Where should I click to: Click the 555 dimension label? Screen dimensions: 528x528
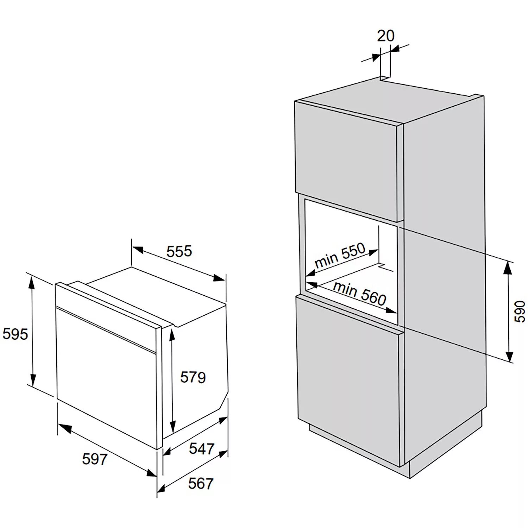coord(179,251)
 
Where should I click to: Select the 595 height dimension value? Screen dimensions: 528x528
coord(15,334)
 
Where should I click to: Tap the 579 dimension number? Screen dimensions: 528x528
coord(193,377)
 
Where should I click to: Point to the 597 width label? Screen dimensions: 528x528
coord(94,459)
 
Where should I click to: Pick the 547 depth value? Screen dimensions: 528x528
coord(201,448)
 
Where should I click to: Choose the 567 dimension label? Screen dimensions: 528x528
coord(201,483)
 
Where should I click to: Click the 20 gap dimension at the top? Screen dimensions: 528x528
coord(386,36)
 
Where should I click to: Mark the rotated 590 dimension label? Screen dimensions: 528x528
coord(520,311)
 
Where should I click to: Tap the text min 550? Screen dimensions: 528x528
coord(340,256)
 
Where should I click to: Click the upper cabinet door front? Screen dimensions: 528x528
coord(347,160)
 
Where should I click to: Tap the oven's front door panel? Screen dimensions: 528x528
coord(106,373)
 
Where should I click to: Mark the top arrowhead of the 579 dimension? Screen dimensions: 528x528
coord(172,334)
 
